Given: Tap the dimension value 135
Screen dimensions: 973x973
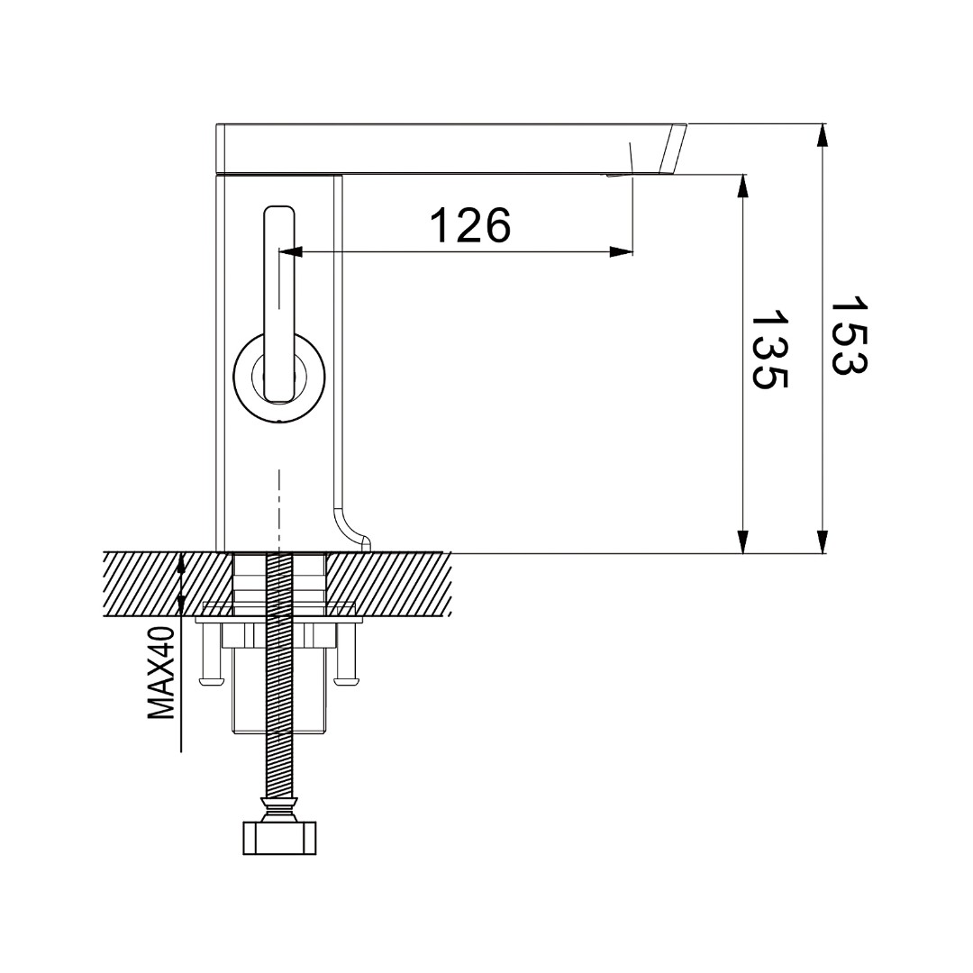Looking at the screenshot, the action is point(769,350).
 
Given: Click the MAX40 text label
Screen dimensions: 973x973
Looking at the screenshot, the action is point(161,673).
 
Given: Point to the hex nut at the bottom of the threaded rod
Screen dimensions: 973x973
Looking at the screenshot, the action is point(280,839).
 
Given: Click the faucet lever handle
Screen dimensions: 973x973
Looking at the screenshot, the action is point(279,305).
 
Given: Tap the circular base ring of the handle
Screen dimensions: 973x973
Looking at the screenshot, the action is point(280,377).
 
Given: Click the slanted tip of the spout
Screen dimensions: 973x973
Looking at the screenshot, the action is point(674,150).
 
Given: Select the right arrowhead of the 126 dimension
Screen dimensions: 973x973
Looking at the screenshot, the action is point(621,252).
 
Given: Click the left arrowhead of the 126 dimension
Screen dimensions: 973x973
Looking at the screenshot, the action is point(290,252).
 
